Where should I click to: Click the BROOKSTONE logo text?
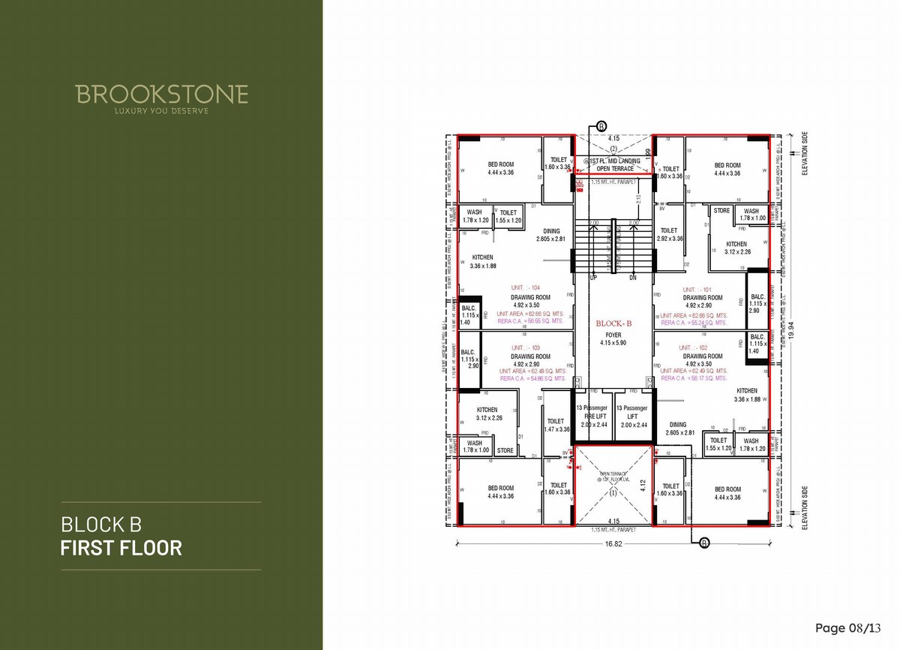[x=161, y=95]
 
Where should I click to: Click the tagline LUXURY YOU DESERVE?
[x=161, y=111]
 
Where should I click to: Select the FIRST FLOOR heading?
[x=121, y=548]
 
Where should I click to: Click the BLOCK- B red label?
[x=613, y=323]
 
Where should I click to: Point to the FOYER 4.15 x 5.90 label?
[x=613, y=339]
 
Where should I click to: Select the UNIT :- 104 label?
[x=525, y=288]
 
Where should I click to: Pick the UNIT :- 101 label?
[x=697, y=289]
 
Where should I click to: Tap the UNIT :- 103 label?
[x=525, y=348]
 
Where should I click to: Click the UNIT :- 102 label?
[x=693, y=348]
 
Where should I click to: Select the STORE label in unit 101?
[x=721, y=211]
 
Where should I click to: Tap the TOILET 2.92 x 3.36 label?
[x=669, y=234]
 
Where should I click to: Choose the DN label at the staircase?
[x=633, y=278]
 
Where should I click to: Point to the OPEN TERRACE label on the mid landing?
[x=615, y=169]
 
